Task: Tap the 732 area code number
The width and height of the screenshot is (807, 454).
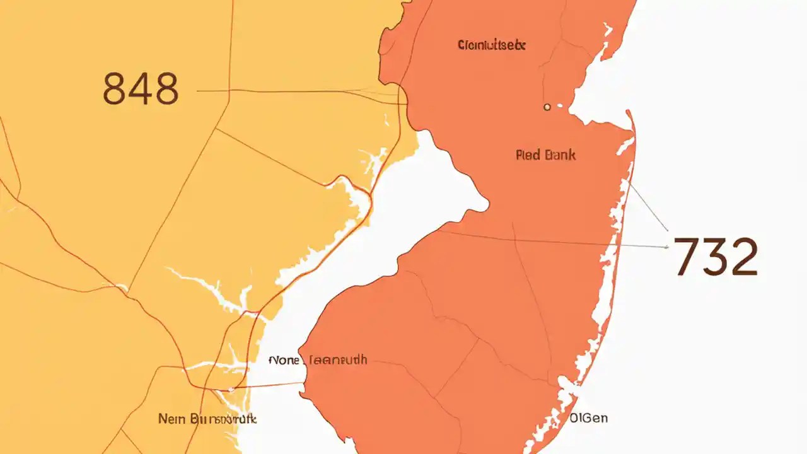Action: coord(716,257)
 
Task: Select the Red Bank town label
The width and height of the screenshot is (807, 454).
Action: coord(545,154)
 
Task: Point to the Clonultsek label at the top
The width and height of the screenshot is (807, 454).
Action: coord(492,45)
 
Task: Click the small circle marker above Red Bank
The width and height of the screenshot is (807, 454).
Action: coord(547,108)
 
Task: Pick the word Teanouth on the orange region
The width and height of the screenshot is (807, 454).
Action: coord(335,361)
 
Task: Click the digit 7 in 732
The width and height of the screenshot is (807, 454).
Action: coord(685,257)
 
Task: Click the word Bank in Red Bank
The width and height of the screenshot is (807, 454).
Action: coord(559,154)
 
